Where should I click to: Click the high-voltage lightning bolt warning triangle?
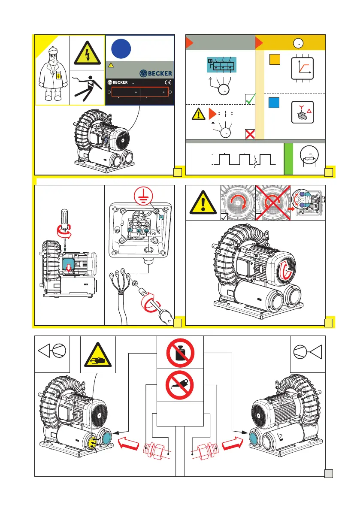(87, 53)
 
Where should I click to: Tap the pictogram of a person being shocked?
(87, 87)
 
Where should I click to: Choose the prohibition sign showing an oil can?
(180, 385)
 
